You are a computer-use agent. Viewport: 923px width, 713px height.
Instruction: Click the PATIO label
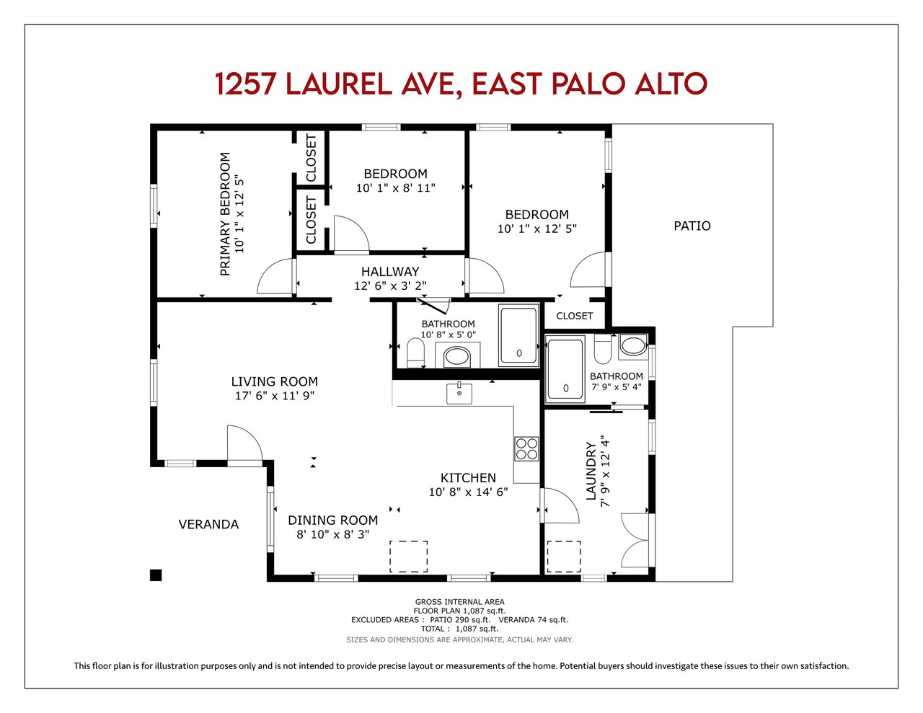pyautogui.click(x=692, y=226)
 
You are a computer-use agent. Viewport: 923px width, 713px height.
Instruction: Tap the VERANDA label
pyautogui.click(x=208, y=524)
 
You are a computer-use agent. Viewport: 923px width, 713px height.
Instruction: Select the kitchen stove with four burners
pyautogui.click(x=526, y=449)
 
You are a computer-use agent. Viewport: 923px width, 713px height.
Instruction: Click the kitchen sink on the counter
pyautogui.click(x=459, y=393)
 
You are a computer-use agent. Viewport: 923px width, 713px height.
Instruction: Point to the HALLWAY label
pyautogui.click(x=390, y=271)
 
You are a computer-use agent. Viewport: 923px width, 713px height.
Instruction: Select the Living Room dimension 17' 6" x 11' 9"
pyautogui.click(x=275, y=396)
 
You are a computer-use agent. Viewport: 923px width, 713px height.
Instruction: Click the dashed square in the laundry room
pyautogui.click(x=564, y=557)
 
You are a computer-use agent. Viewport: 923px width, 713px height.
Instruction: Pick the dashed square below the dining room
pyautogui.click(x=409, y=557)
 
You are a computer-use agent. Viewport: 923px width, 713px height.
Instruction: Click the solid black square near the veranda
pyautogui.click(x=156, y=575)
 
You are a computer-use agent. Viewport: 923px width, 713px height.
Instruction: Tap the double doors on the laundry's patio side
pyautogui.click(x=636, y=541)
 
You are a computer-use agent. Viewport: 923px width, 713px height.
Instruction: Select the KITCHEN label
pyautogui.click(x=468, y=478)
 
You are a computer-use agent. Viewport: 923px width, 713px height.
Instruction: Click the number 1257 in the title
pyautogui.click(x=245, y=84)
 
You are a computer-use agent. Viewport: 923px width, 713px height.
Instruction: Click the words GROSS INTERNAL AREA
pyautogui.click(x=459, y=602)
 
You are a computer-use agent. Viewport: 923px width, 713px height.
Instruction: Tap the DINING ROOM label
pyautogui.click(x=332, y=521)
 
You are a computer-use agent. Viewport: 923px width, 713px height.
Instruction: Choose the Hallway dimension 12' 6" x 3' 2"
pyautogui.click(x=390, y=285)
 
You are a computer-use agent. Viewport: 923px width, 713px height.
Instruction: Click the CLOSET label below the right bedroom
pyautogui.click(x=574, y=316)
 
